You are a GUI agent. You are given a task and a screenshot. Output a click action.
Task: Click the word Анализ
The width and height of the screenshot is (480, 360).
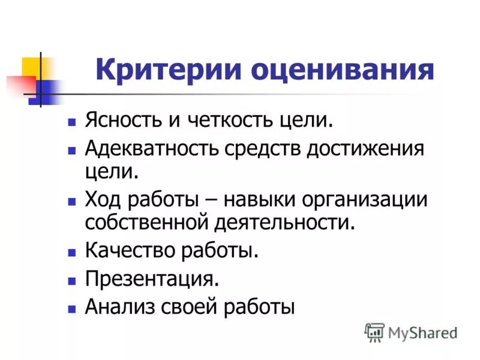pos(118,307)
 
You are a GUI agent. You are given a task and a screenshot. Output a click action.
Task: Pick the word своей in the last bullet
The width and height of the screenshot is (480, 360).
pos(190,307)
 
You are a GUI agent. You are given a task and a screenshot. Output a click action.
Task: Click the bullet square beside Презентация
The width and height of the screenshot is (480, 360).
pos(71,280)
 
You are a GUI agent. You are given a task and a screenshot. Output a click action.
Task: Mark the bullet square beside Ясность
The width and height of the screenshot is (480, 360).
pos(71,122)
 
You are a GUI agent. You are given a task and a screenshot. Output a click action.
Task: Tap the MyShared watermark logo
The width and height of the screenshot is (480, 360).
pos(410,332)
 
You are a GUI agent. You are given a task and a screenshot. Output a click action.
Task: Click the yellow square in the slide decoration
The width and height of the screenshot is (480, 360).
pos(31,67)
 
